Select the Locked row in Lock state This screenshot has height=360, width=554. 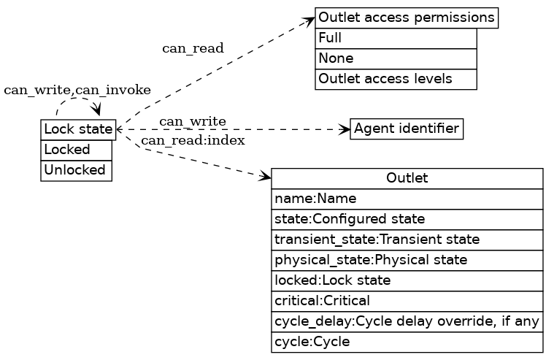(76, 150)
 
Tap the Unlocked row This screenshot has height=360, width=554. (76, 170)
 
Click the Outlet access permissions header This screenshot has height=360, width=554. (407, 17)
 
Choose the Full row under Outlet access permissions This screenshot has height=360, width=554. (396, 38)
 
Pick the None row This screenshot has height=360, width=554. (396, 58)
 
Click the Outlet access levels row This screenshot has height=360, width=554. (396, 79)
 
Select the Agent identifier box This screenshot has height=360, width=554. (407, 129)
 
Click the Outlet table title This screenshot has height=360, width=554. (407, 178)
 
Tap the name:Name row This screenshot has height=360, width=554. (407, 199)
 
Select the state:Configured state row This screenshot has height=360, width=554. (407, 219)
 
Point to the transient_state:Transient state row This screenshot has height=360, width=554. (407, 240)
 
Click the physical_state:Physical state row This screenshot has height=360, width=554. (407, 260)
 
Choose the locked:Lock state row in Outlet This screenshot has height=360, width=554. (407, 280)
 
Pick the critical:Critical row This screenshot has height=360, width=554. (407, 301)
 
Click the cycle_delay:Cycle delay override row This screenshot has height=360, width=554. (407, 321)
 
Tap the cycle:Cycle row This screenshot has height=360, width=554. (407, 342)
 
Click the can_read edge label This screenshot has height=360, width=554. (193, 48)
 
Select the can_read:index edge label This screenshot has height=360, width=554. (193, 140)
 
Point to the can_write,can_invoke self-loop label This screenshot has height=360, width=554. (77, 90)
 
